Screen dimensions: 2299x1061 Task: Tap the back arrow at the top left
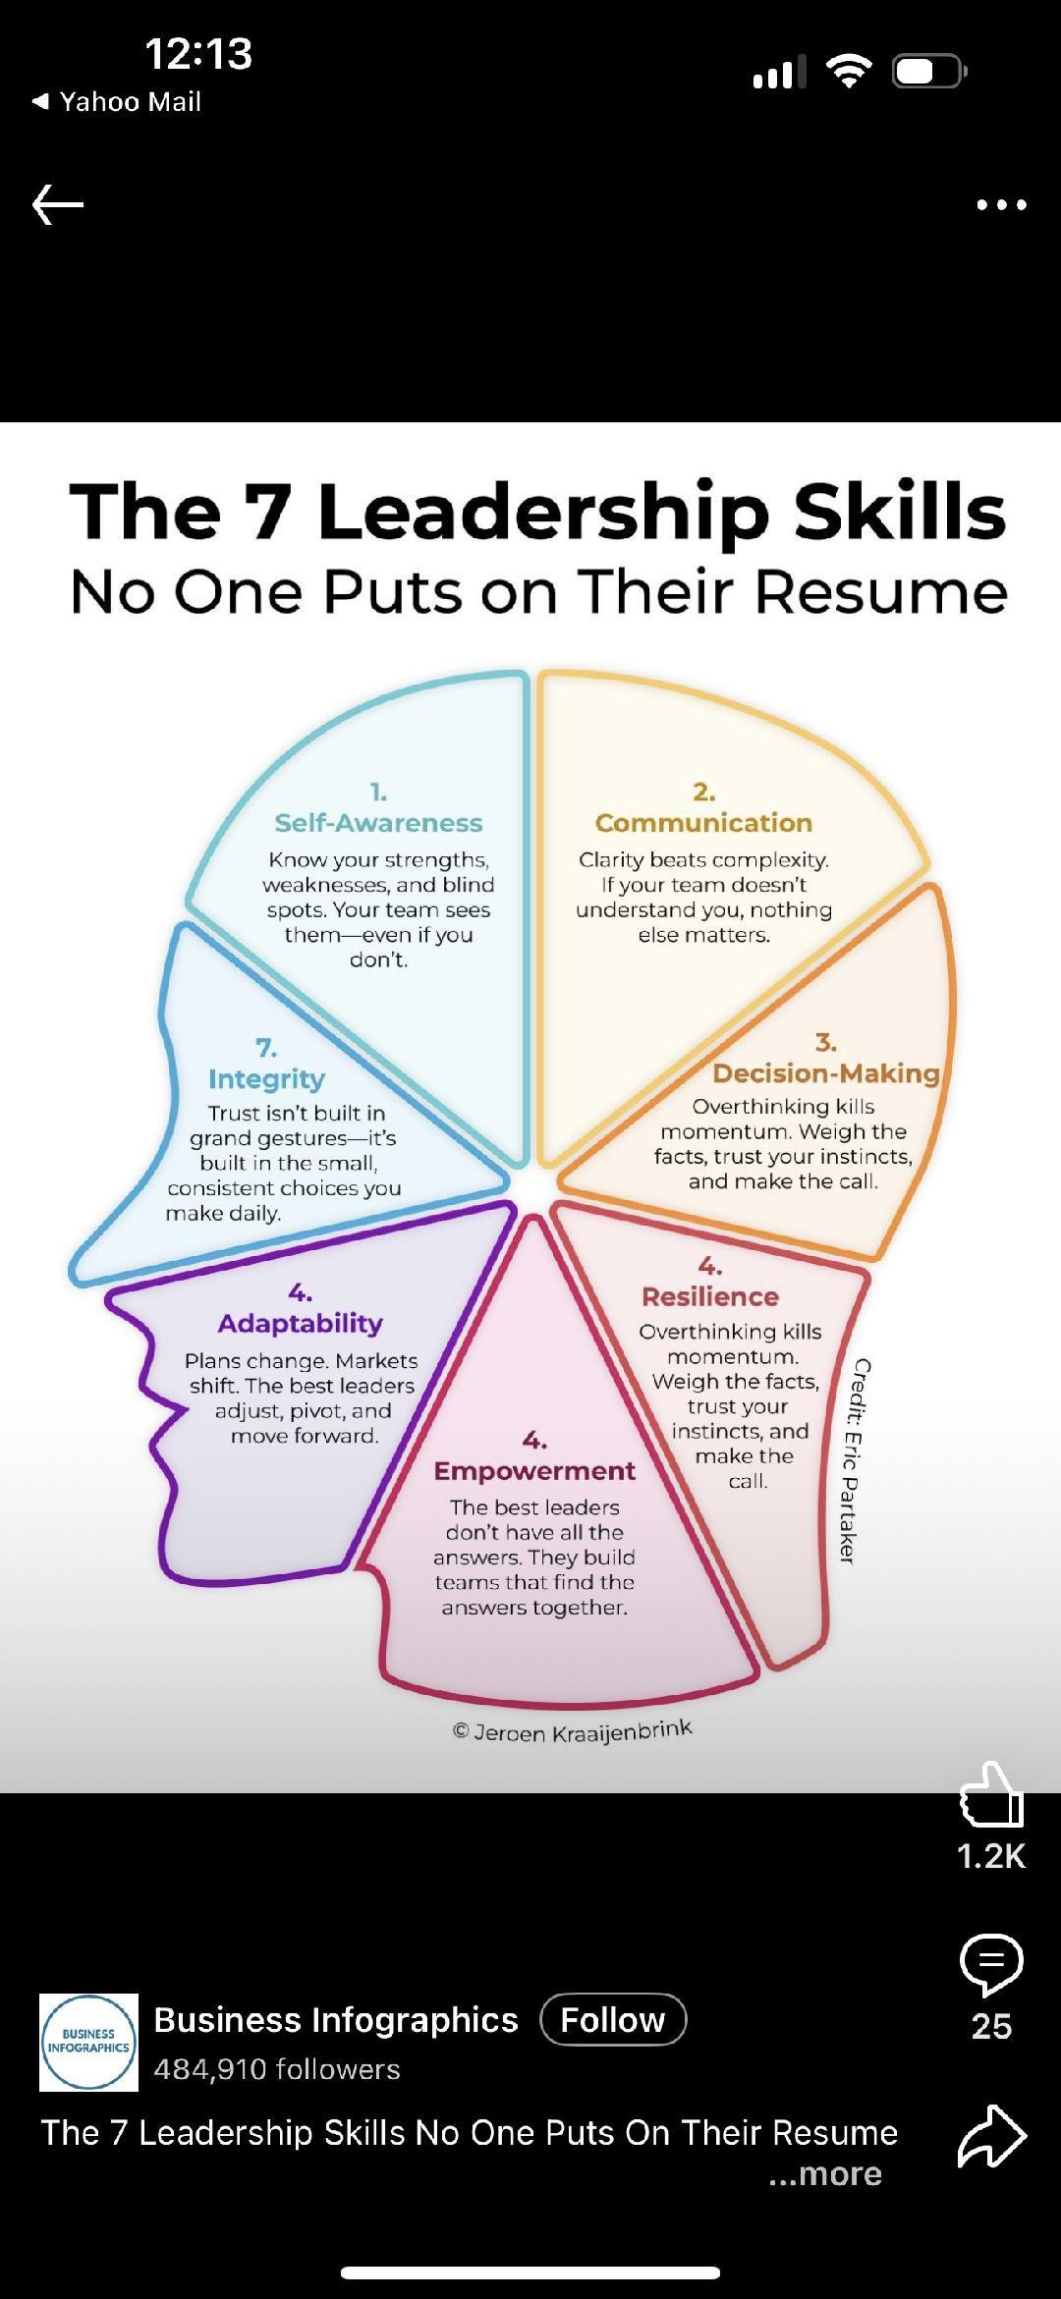pos(58,205)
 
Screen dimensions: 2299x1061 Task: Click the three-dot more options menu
pos(1001,205)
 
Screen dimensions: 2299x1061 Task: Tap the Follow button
pos(613,2020)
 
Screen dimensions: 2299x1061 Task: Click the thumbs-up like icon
pos(991,1794)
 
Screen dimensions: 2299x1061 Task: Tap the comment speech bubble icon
pos(991,1964)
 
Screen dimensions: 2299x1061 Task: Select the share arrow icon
pos(991,2136)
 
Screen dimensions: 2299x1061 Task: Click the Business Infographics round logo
pos(88,2042)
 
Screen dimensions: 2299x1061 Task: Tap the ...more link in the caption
pos(825,2173)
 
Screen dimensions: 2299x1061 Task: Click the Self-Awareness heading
pos(378,823)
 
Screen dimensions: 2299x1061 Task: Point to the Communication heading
pos(703,823)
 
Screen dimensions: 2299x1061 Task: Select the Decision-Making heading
pos(825,1073)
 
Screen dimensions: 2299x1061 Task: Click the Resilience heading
pos(709,1296)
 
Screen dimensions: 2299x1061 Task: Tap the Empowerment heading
pos(534,1471)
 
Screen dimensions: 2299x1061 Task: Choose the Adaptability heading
pos(300,1323)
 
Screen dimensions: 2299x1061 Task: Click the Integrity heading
pos(266,1079)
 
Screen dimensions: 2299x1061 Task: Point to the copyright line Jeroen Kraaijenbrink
pos(573,1731)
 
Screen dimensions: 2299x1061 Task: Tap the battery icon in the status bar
pos(928,72)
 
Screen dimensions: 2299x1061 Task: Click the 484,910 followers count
pos(276,2069)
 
